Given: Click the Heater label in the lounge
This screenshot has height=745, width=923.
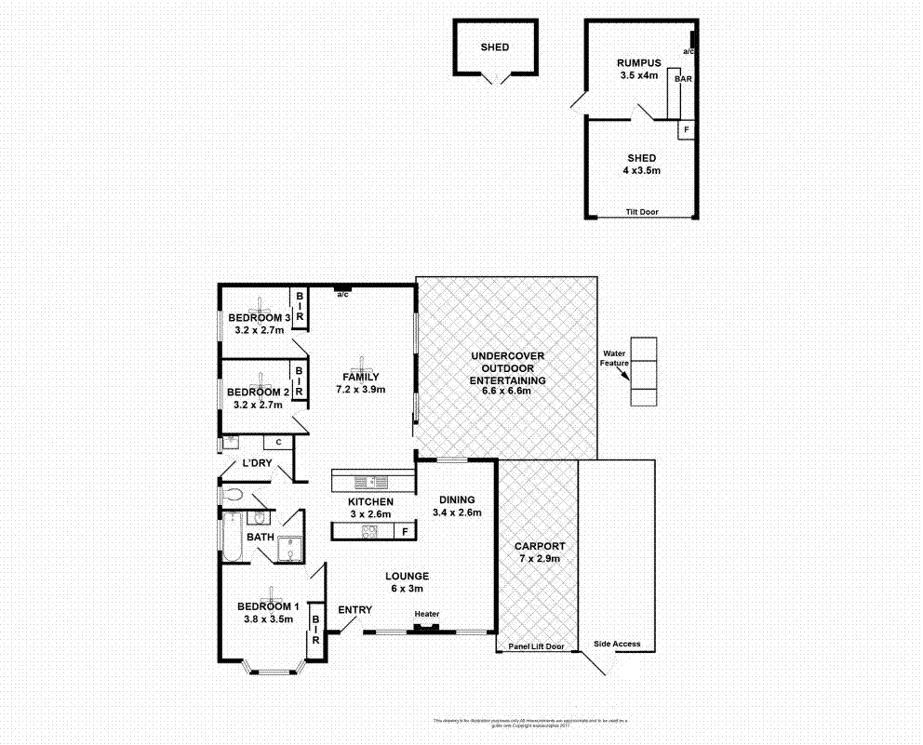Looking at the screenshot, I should click(427, 614).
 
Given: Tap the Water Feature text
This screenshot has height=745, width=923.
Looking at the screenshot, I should click(616, 359).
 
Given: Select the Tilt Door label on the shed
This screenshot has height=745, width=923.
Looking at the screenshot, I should click(641, 212).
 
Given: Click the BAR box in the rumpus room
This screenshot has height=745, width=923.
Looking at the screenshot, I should click(683, 80).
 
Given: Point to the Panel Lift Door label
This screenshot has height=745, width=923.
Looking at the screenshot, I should click(537, 646).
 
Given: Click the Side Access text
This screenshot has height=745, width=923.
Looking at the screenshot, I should click(617, 645).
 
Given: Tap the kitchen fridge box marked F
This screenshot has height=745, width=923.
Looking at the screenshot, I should click(404, 532).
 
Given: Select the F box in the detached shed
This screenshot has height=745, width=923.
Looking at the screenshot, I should click(687, 129).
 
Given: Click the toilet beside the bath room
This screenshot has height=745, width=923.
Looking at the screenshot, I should click(234, 495).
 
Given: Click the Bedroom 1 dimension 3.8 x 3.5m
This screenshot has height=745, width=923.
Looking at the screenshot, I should click(269, 619).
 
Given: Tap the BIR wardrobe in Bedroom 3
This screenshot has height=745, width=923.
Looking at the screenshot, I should click(300, 308).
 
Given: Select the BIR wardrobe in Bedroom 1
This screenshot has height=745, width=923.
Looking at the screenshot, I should click(315, 629).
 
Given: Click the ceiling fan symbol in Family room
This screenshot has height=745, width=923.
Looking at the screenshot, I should click(361, 364).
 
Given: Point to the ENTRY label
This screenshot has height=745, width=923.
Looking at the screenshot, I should click(354, 610).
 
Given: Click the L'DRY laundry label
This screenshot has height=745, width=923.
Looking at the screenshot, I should click(256, 463).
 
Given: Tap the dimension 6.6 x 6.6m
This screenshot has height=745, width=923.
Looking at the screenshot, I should click(507, 392).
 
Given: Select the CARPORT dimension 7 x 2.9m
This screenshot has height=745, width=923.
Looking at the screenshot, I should click(542, 558).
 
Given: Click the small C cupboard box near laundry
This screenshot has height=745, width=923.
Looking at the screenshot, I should click(278, 443).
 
